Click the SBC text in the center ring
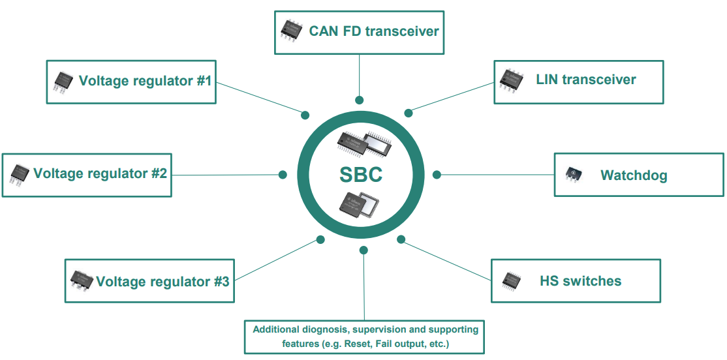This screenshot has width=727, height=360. point(360,175)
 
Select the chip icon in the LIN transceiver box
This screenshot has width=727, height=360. point(512,80)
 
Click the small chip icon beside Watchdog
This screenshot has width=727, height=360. point(573,174)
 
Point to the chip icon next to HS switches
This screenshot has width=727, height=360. point(512,281)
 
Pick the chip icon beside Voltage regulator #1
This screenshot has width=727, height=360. point(63,82)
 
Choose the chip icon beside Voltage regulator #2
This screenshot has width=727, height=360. point(20,174)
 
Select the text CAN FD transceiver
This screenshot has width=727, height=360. point(374,31)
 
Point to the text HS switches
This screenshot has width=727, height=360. point(580,281)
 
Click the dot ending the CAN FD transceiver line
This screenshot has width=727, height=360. point(359,100)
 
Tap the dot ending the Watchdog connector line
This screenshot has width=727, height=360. point(437,175)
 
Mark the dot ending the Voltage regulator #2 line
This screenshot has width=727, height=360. point(283,175)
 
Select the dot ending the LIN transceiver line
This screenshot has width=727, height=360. point(409,113)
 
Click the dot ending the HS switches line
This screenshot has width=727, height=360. point(402,239)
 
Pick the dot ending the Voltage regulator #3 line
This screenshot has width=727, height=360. point(320,239)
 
